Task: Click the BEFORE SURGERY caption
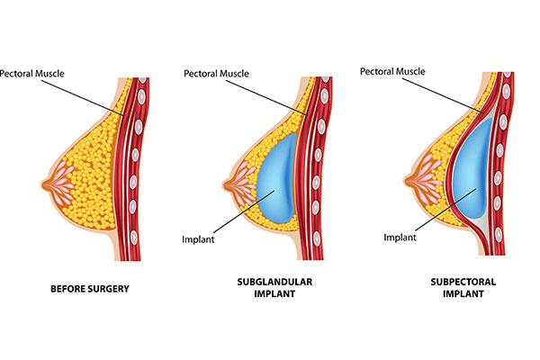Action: point(90,289)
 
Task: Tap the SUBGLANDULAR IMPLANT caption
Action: point(274,288)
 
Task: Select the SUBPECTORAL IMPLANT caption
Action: point(463,288)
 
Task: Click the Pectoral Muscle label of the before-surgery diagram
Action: point(32,74)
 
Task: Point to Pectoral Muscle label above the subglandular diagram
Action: point(216,74)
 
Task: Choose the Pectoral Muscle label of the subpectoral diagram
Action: point(392,71)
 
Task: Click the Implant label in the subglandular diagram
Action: point(198,239)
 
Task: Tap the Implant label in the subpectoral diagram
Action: point(400,238)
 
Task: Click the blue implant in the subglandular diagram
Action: point(277,178)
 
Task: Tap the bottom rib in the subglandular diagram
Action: point(317,238)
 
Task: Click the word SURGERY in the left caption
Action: point(109,289)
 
